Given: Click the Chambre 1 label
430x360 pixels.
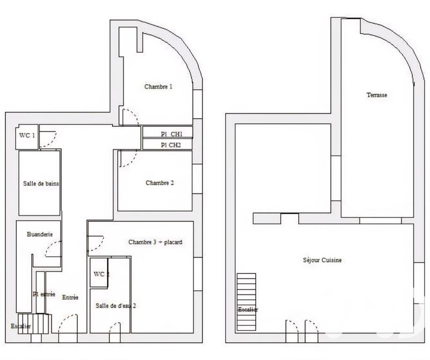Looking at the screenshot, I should (158, 87).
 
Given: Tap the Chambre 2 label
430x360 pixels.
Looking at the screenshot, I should (160, 183).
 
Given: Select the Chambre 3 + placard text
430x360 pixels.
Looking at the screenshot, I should (155, 242).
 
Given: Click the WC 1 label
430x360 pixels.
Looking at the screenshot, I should (27, 135).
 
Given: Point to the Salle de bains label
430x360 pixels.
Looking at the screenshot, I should (41, 183).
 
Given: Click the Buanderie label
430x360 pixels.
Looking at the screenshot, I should (39, 234).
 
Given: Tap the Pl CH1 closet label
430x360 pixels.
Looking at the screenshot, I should (171, 134).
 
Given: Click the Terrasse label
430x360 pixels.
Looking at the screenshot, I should (377, 95).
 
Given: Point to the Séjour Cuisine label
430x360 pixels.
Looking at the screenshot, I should (322, 260).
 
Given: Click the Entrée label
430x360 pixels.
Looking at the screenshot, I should (70, 297).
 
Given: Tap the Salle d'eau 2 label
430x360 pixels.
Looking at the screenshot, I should (116, 305).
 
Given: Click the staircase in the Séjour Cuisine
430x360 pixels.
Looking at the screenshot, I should (247, 301).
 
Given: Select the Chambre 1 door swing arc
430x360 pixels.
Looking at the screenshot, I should (130, 116).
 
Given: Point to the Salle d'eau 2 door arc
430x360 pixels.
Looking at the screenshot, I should (114, 327).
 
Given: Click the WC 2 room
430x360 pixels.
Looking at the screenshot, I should (101, 275).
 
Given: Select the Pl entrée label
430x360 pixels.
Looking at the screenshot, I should (44, 294).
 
